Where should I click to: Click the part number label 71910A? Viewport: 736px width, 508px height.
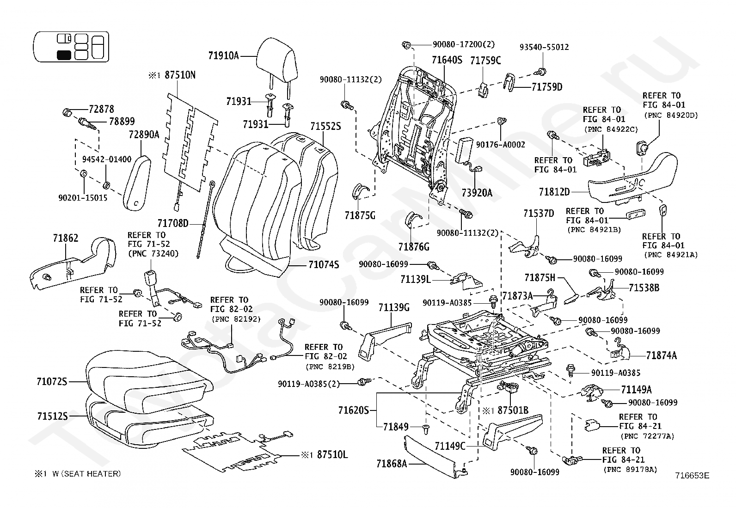pyautogui.click(x=223, y=56)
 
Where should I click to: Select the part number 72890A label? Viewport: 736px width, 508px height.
pyautogui.click(x=144, y=135)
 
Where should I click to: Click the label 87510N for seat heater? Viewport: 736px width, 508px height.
pyautogui.click(x=178, y=75)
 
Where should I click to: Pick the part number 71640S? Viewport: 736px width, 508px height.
pyautogui.click(x=447, y=60)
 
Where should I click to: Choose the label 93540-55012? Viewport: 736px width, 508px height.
pyautogui.click(x=544, y=47)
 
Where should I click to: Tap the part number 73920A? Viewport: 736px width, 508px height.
pyautogui.click(x=477, y=193)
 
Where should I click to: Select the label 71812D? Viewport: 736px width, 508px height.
pyautogui.click(x=554, y=191)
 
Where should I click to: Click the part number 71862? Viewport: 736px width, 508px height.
pyautogui.click(x=65, y=239)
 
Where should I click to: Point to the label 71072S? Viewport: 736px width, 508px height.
pyautogui.click(x=52, y=382)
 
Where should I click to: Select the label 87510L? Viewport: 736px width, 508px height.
pyautogui.click(x=332, y=455)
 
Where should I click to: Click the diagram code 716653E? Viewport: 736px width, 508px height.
pyautogui.click(x=691, y=475)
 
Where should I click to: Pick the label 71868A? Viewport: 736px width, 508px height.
pyautogui.click(x=391, y=463)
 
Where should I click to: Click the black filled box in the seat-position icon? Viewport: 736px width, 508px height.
pyautogui.click(x=64, y=55)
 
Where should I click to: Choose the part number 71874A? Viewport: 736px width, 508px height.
pyautogui.click(x=661, y=355)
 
